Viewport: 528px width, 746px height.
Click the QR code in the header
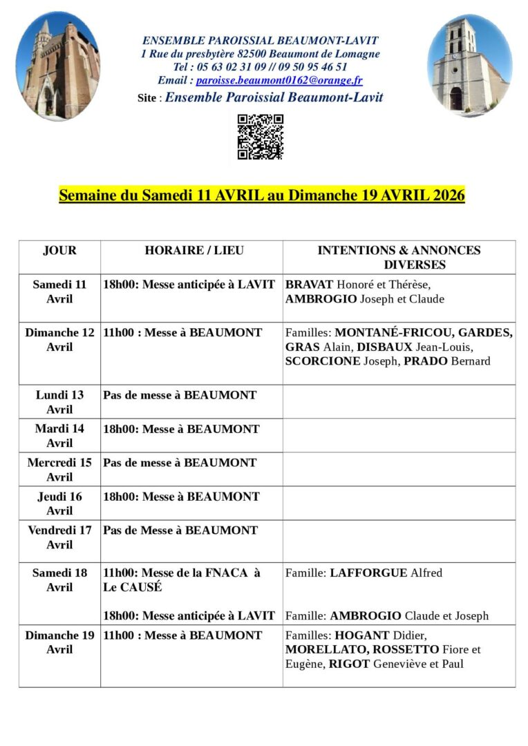pyautogui.click(x=261, y=137)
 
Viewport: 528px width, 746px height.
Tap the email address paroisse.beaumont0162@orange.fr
pyautogui.click(x=279, y=80)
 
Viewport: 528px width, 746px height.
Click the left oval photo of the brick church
pyautogui.click(x=57, y=66)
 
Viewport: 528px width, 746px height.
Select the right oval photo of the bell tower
pyautogui.click(x=469, y=66)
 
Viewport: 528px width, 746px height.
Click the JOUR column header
pyautogui.click(x=59, y=251)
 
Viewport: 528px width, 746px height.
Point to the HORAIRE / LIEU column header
pyautogui.click(x=194, y=251)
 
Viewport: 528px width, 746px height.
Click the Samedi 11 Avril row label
pyautogui.click(x=59, y=291)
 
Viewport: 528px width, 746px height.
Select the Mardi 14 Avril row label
pyautogui.click(x=59, y=435)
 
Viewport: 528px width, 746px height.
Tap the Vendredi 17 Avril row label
pyautogui.click(x=59, y=537)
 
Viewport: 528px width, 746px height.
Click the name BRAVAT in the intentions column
pyautogui.click(x=309, y=285)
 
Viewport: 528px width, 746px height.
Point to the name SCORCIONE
pyautogui.click(x=323, y=361)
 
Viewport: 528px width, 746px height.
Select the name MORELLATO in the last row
pyautogui.click(x=323, y=650)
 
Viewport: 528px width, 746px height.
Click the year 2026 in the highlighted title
pyautogui.click(x=449, y=195)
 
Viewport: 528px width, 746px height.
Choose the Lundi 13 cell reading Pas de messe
pyautogui.click(x=180, y=395)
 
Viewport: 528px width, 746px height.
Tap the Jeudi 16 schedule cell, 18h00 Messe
pyautogui.click(x=181, y=497)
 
